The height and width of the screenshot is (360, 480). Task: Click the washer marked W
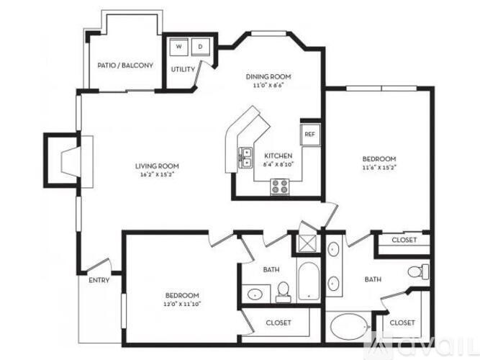point(179,47)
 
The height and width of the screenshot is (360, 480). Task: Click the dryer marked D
point(200,47)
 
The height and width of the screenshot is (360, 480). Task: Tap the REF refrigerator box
point(310,134)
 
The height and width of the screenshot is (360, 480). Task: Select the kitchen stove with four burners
point(279,186)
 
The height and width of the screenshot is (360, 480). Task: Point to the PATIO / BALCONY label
point(125,66)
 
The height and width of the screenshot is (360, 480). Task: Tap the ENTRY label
point(99,280)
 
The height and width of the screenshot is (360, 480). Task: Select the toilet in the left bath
point(283,291)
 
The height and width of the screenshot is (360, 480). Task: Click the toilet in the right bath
point(416,272)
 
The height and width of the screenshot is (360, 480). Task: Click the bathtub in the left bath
point(307,283)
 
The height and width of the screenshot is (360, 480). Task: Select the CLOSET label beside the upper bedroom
point(403,240)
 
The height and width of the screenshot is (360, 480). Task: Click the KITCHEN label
point(277,156)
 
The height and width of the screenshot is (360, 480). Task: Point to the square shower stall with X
point(306,242)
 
